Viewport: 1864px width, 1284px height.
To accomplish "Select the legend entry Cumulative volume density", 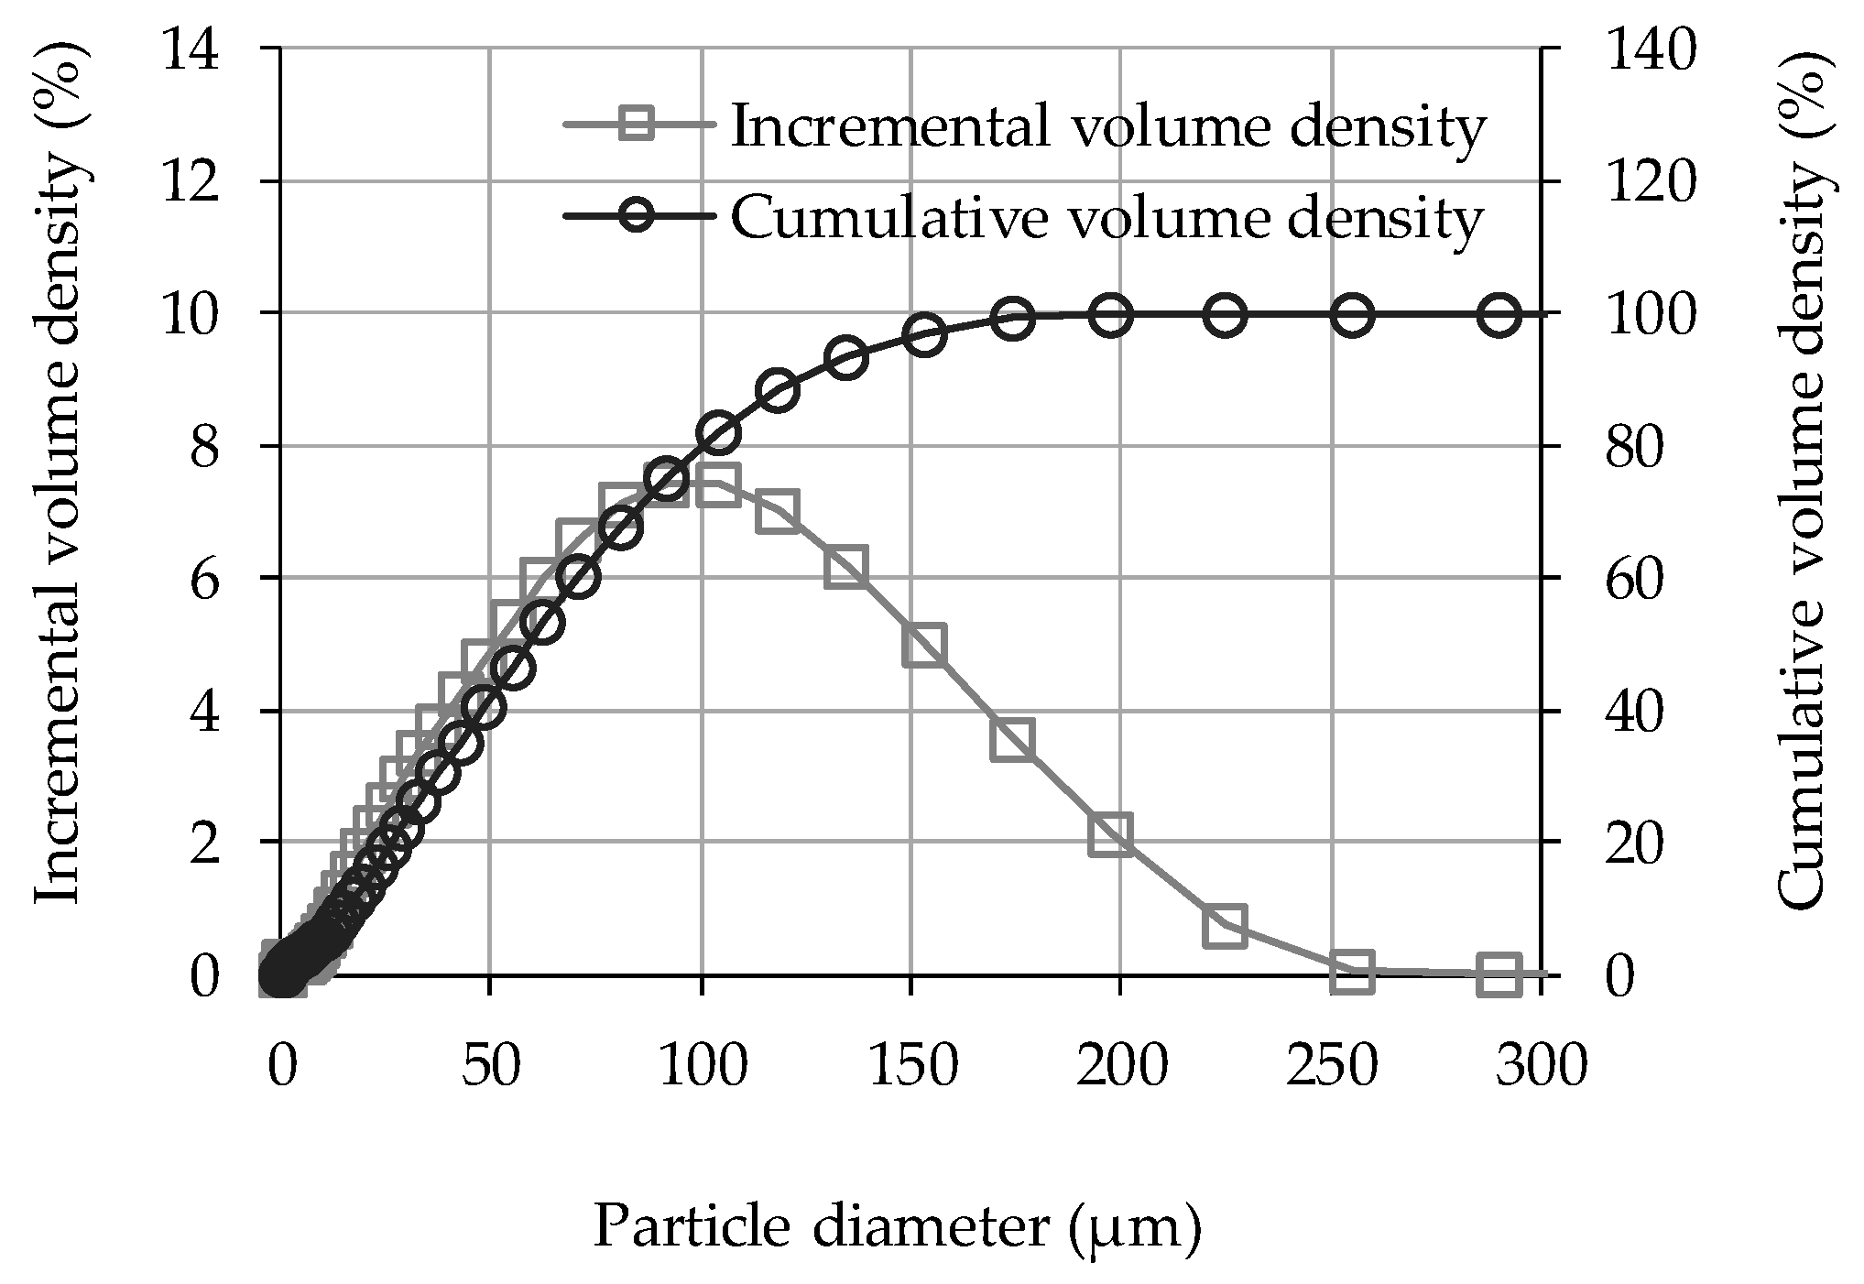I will tap(1106, 217).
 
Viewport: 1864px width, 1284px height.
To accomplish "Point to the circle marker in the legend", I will tap(637, 217).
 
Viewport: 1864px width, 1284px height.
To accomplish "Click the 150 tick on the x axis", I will tap(912, 1066).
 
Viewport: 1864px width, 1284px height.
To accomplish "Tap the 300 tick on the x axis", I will tap(1542, 1066).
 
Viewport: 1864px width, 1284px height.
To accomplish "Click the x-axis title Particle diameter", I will tap(897, 1227).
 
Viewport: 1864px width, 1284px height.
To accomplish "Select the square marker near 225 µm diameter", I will tap(1226, 927).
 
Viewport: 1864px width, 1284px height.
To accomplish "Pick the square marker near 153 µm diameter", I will tap(923, 646).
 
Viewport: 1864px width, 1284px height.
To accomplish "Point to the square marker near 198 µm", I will tap(1111, 835).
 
